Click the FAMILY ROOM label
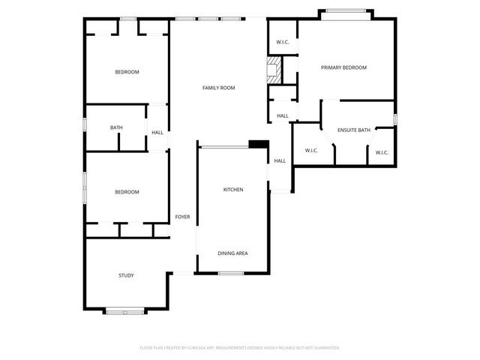(x=218, y=88)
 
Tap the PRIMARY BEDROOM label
(x=343, y=67)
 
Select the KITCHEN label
(x=233, y=190)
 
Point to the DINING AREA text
(x=232, y=253)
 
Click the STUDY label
(x=126, y=275)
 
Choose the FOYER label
(x=182, y=217)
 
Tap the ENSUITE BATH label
(x=353, y=130)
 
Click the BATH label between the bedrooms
(x=116, y=127)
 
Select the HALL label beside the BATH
(x=157, y=133)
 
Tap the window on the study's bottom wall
(x=124, y=310)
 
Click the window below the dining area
(x=232, y=273)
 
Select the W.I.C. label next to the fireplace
(x=283, y=42)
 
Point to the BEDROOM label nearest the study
(x=127, y=192)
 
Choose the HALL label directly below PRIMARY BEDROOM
(x=283, y=115)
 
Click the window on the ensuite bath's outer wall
(x=395, y=119)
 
